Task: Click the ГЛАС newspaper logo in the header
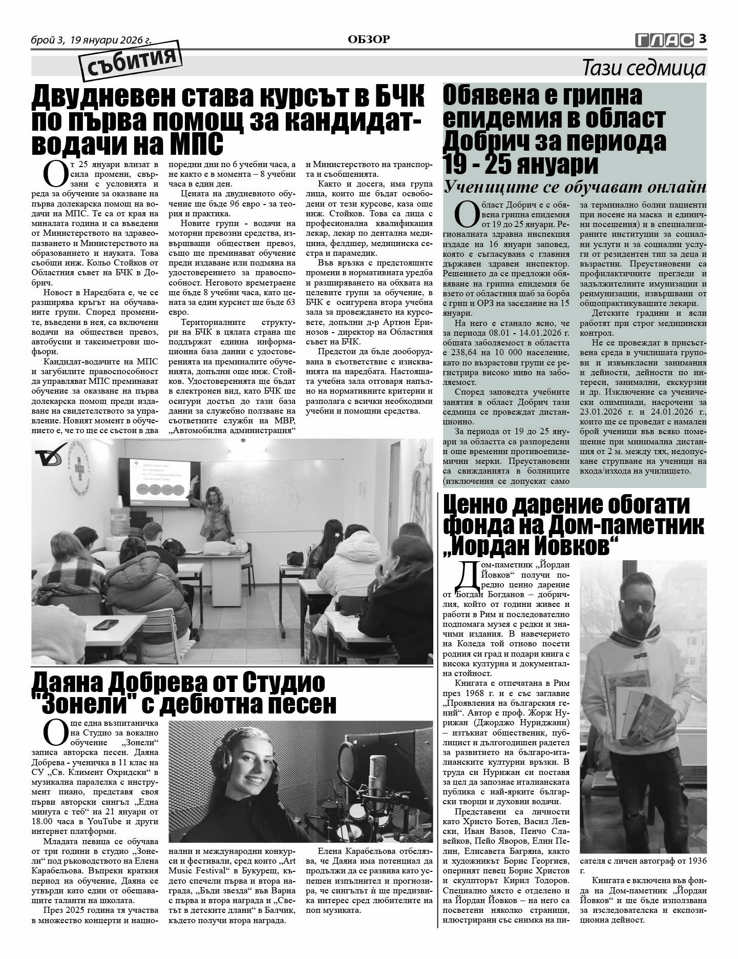664,39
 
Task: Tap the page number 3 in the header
703,38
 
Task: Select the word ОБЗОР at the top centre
369,39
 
